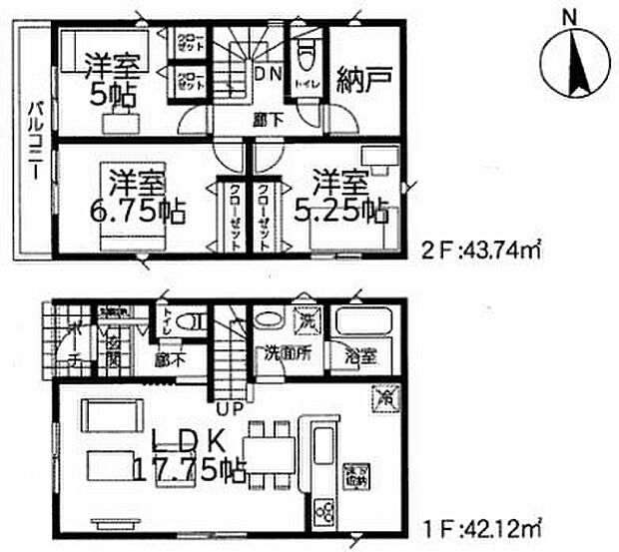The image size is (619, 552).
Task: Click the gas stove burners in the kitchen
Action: [327, 514]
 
